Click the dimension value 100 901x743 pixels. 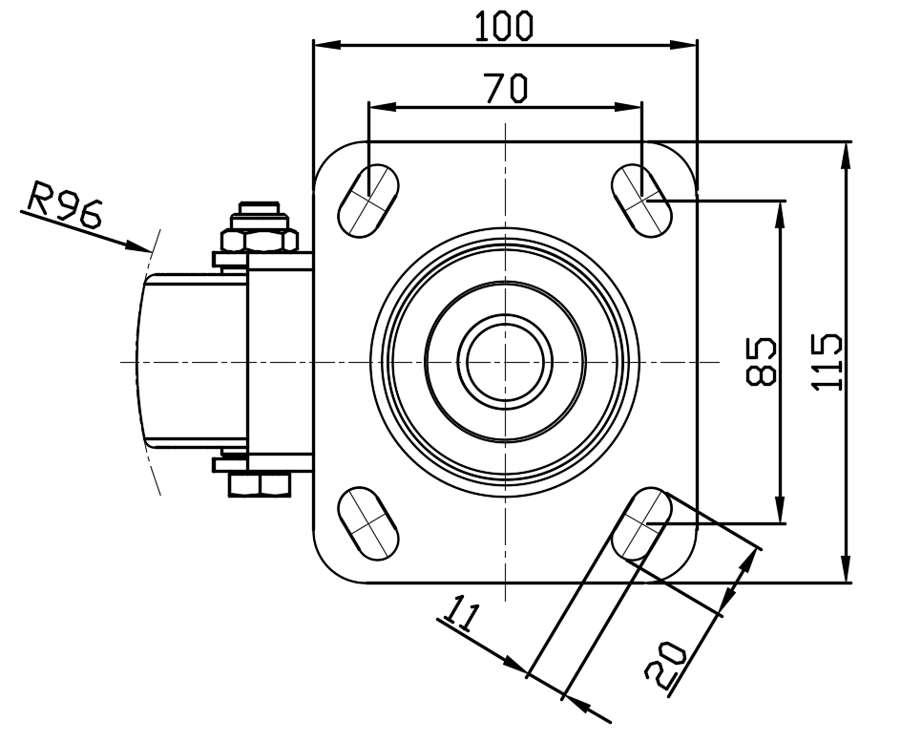(504, 27)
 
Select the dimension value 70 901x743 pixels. (505, 88)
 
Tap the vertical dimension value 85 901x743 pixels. (761, 361)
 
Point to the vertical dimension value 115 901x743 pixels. (827, 361)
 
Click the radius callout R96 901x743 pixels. (65, 204)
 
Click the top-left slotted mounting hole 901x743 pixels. (368, 201)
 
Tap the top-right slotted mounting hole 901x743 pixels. (641, 200)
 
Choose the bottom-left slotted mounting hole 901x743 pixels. (368, 522)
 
